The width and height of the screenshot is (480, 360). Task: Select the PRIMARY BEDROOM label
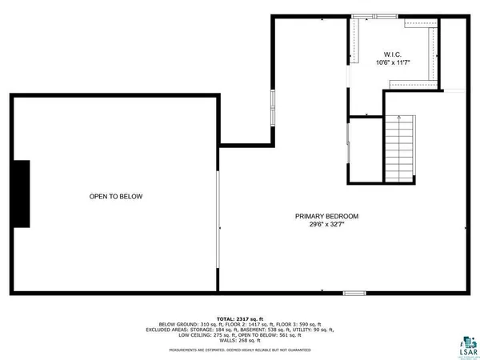tap(326, 216)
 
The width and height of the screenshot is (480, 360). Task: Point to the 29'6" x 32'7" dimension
tap(326, 225)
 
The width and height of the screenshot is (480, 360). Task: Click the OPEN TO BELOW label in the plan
tap(116, 196)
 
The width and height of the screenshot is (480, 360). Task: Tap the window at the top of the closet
tap(375, 15)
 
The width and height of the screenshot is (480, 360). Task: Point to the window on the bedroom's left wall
tap(273, 110)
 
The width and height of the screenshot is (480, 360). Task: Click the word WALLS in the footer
tap(227, 340)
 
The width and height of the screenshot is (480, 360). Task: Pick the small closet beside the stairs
tap(364, 150)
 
